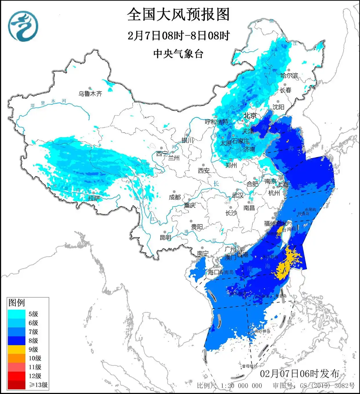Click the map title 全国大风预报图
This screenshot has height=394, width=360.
pos(178,14)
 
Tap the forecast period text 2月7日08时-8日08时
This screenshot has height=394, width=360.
pos(178,36)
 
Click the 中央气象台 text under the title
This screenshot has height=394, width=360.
pos(178,54)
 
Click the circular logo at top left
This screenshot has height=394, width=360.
pos(23,26)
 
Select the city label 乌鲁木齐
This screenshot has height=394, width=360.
pos(90,94)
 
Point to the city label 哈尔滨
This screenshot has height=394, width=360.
pos(289,76)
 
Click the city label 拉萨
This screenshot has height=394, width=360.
pos(94,198)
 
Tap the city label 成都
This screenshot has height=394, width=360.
pos(175,197)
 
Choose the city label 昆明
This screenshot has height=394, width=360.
pos(166,237)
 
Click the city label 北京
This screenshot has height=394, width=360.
pos(250,116)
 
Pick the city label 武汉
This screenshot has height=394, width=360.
pos(238,195)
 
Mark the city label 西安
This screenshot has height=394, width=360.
pos(203,171)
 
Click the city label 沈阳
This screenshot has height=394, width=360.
pos(278,107)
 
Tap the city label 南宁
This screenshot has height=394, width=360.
pos(203,254)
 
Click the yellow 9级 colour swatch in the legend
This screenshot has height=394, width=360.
pos(17,349)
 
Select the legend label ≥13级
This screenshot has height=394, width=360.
pos(38,385)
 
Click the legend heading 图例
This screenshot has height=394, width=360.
pos(17,303)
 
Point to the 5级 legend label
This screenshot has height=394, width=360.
pos(33,314)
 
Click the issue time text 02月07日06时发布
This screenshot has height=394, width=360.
pos(299,374)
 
